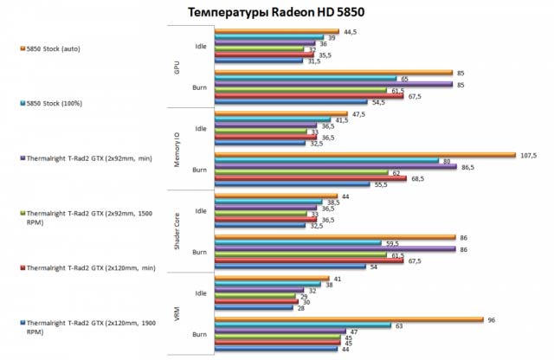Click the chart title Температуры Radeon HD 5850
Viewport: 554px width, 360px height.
(276, 10)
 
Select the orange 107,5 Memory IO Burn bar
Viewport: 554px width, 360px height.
(363, 155)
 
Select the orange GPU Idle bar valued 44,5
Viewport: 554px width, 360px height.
(276, 32)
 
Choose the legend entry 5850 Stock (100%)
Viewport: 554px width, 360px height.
(60, 102)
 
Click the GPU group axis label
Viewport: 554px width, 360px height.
(177, 66)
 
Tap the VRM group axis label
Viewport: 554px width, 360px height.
(177, 312)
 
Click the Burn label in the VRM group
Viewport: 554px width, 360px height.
(199, 331)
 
